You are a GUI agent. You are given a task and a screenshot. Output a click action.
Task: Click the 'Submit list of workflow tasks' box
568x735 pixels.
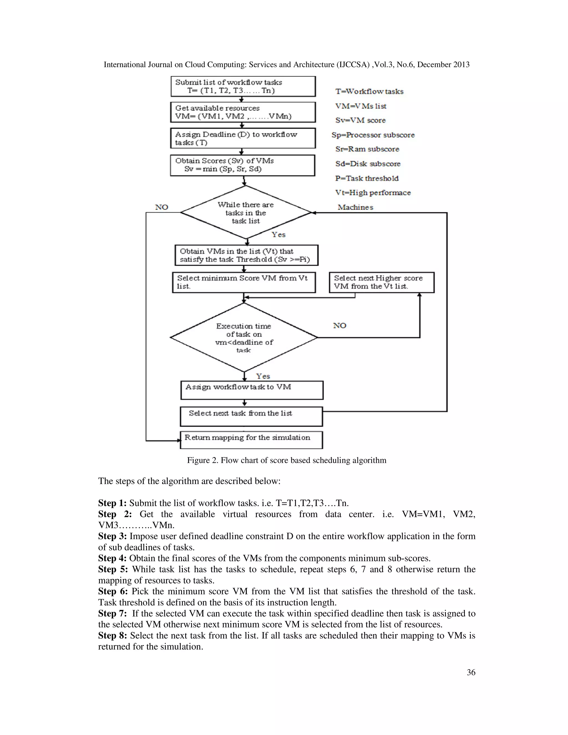point(243,87)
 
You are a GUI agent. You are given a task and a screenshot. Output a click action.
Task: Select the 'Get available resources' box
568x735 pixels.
point(243,112)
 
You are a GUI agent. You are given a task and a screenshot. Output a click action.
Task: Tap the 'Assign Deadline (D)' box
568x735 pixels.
point(243,138)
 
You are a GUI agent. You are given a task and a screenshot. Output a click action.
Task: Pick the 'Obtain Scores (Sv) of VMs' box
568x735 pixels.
point(243,165)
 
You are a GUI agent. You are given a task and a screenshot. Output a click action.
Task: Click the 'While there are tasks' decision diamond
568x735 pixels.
point(246,213)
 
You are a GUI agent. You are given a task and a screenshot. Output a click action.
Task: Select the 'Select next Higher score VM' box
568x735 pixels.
point(382,282)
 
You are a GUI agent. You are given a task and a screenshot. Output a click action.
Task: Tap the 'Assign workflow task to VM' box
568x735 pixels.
point(252,390)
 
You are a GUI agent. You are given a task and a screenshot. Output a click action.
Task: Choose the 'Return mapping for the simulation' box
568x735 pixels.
point(251,440)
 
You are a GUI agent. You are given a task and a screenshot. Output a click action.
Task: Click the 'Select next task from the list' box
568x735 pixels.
point(251,416)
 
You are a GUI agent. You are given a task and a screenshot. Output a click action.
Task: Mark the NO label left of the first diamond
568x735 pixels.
point(161,207)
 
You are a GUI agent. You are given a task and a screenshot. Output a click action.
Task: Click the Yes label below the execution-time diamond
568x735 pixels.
point(263,376)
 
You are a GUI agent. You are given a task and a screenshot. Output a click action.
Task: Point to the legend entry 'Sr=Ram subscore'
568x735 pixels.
point(367,149)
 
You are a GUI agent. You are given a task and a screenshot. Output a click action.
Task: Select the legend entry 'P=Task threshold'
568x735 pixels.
point(367,178)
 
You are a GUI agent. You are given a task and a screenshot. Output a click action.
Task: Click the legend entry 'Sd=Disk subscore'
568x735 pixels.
point(368,164)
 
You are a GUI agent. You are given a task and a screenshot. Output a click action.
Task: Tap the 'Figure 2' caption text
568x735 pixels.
point(287,460)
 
